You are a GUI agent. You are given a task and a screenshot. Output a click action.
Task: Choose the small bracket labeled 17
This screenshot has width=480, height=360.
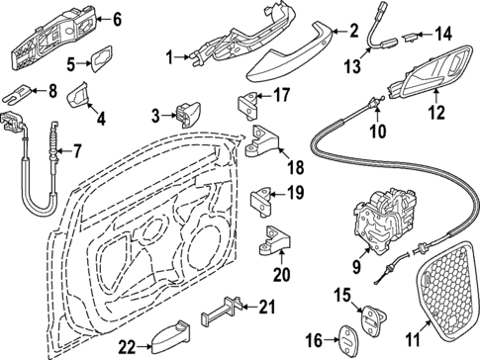click(x=248, y=102)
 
